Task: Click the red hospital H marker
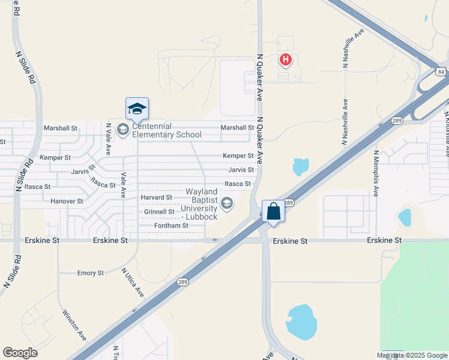point(286,59)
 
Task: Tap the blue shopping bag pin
point(273,212)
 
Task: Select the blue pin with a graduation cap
point(137,109)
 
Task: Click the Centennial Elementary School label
point(166,130)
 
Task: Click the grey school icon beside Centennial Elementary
point(122,130)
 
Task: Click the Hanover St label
point(67,201)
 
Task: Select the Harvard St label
point(156,197)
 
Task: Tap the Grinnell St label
point(159,212)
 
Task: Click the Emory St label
point(91,273)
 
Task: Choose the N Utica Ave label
point(133,283)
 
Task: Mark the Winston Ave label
point(74,325)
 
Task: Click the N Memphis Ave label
point(376,174)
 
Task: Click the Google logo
point(20,353)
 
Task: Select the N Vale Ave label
point(109,139)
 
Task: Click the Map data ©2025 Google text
point(412,355)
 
